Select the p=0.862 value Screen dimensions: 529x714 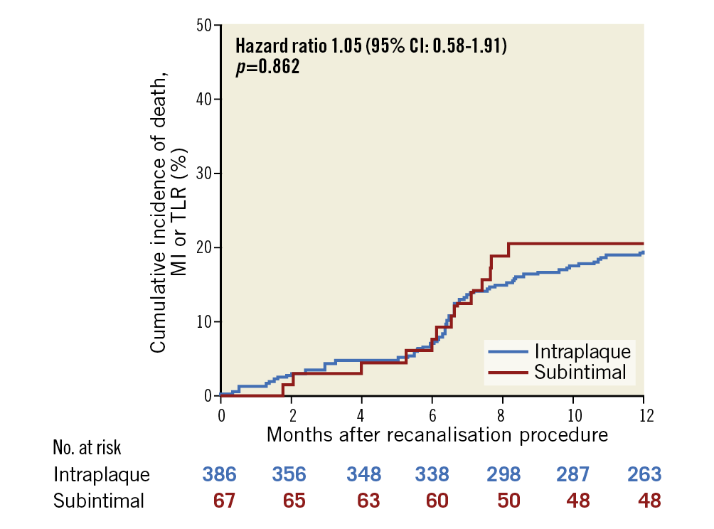pyautogui.click(x=267, y=68)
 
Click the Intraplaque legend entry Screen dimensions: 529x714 pyautogui.click(x=582, y=351)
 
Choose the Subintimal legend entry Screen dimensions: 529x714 pyautogui.click(x=580, y=371)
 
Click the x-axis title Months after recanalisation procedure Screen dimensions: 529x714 pyautogui.click(x=437, y=434)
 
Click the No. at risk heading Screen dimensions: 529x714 pyautogui.click(x=87, y=448)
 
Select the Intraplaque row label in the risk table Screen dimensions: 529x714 pyautogui.click(x=102, y=474)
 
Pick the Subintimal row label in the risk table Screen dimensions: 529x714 pyautogui.click(x=99, y=501)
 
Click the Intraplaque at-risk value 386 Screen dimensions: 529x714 pyautogui.click(x=220, y=474)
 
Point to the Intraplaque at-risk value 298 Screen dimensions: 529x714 pyautogui.click(x=503, y=474)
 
